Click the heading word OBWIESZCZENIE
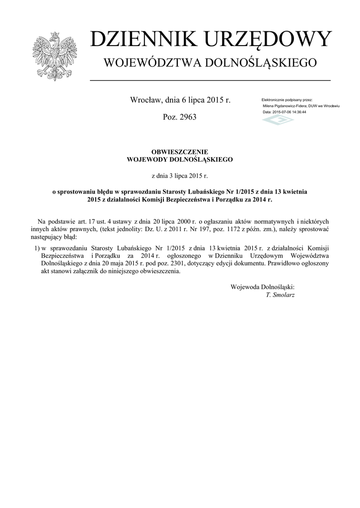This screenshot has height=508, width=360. click(x=179, y=152)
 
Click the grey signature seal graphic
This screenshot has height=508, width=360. click(x=278, y=120)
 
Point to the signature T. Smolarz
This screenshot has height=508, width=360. click(x=280, y=295)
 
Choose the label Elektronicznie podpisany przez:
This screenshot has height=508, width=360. click(x=287, y=100)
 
